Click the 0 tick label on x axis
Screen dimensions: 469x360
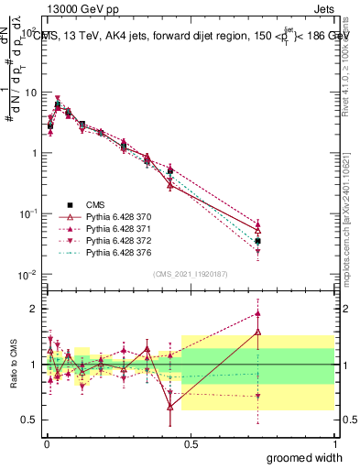click(46, 444)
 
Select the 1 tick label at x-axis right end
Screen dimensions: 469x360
click(334, 444)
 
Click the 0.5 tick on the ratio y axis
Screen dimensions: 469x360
click(29, 420)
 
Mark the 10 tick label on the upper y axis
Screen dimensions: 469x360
click(29, 93)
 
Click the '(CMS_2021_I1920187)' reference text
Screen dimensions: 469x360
click(190, 273)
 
